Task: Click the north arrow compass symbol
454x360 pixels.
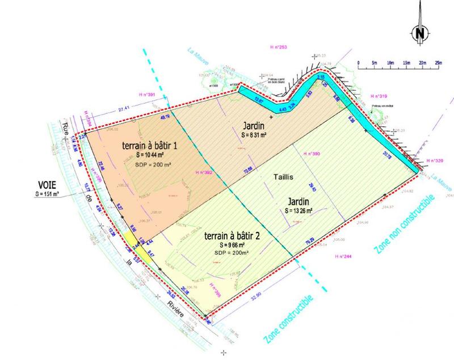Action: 421,32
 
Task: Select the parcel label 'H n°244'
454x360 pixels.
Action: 344,257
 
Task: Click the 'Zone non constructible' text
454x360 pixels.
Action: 404,225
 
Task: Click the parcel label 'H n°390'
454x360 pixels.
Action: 312,154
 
